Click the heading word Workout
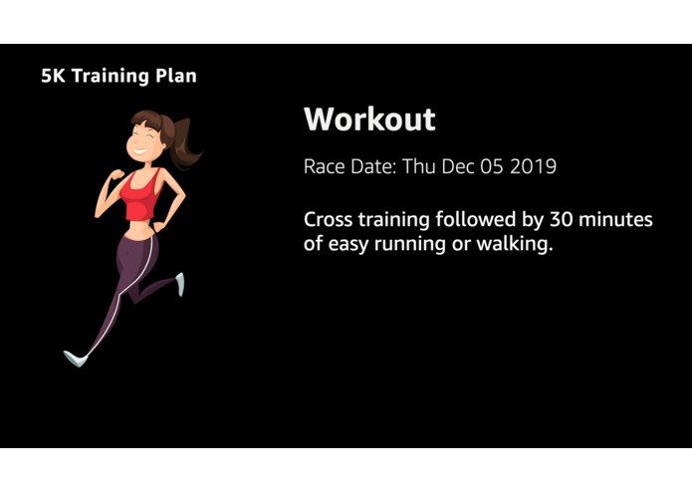[369, 120]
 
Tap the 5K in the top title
[54, 76]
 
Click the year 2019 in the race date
[533, 166]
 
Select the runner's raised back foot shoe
[180, 285]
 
